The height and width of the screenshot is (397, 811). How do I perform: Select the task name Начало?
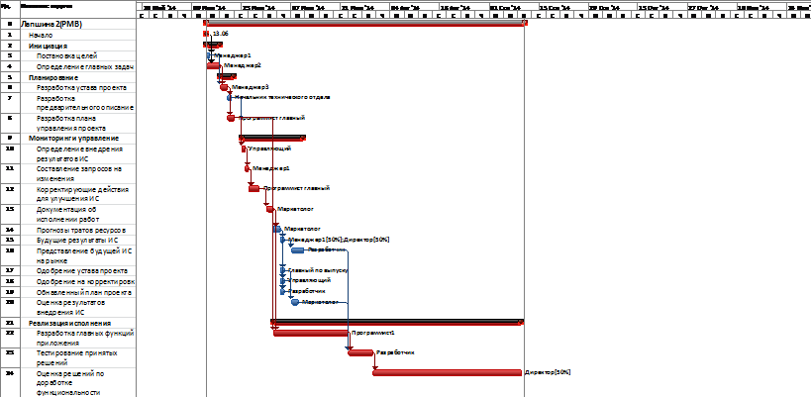(42, 34)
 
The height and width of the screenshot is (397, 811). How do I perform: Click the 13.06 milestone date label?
(219, 34)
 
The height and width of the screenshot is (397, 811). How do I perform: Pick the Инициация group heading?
(49, 45)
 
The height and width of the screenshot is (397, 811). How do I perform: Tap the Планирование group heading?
(53, 77)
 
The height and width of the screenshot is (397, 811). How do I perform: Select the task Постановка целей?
(66, 56)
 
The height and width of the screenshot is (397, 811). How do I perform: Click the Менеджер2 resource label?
(242, 65)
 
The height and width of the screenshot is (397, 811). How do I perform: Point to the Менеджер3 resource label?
(251, 87)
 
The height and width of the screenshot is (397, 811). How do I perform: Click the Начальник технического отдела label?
(282, 97)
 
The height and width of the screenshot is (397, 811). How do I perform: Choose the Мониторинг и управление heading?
(74, 139)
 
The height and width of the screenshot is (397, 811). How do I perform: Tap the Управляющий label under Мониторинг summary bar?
(268, 149)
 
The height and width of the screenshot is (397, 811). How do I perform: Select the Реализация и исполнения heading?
(70, 323)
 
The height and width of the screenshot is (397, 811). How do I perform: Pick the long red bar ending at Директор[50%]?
(447, 372)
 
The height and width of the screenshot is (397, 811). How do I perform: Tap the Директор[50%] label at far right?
(549, 372)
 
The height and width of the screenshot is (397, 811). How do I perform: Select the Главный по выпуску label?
(318, 269)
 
